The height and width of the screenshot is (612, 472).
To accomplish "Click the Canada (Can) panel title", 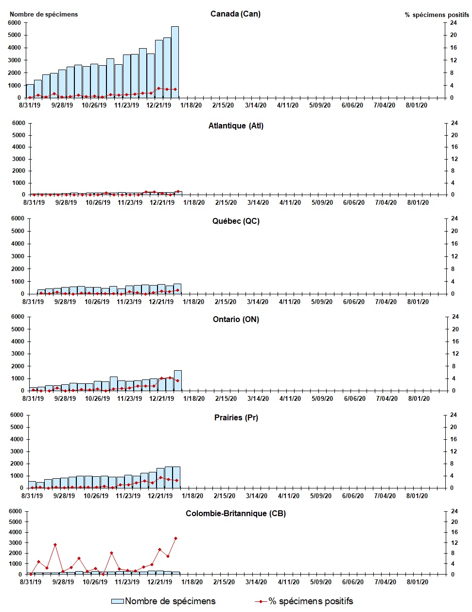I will (x=235, y=14).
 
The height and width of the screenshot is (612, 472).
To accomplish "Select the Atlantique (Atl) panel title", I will (x=236, y=126).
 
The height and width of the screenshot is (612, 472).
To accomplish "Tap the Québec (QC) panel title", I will (x=236, y=221).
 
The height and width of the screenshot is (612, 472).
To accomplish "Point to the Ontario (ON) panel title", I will (x=236, y=319).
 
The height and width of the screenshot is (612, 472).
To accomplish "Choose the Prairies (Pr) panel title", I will (x=236, y=417).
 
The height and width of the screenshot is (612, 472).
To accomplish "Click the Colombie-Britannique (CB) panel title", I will (x=236, y=513).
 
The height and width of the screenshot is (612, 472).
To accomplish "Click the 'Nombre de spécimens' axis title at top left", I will (x=44, y=14).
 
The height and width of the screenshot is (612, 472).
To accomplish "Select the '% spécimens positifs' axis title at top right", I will (x=437, y=15).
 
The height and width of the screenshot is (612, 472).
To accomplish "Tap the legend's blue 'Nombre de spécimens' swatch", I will (x=118, y=601).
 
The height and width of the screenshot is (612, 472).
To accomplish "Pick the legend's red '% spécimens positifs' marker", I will (x=261, y=602).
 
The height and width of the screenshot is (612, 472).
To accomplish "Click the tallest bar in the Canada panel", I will (x=175, y=62).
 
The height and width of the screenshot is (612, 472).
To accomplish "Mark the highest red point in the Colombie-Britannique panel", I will (x=175, y=538).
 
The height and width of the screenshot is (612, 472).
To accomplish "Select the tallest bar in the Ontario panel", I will (x=178, y=380).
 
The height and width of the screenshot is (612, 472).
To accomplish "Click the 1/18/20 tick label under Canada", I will (x=191, y=105).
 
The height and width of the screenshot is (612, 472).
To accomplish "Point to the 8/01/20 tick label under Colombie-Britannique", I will (x=417, y=582).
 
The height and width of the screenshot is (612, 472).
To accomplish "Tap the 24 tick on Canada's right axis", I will (x=453, y=23).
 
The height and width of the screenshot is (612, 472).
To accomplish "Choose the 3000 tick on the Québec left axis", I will (x=17, y=256).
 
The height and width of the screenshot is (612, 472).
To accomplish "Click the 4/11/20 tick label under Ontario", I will (x=289, y=398).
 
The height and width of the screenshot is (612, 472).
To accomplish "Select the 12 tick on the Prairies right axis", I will (x=453, y=451).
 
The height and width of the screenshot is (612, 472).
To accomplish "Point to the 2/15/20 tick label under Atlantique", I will (x=226, y=202).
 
